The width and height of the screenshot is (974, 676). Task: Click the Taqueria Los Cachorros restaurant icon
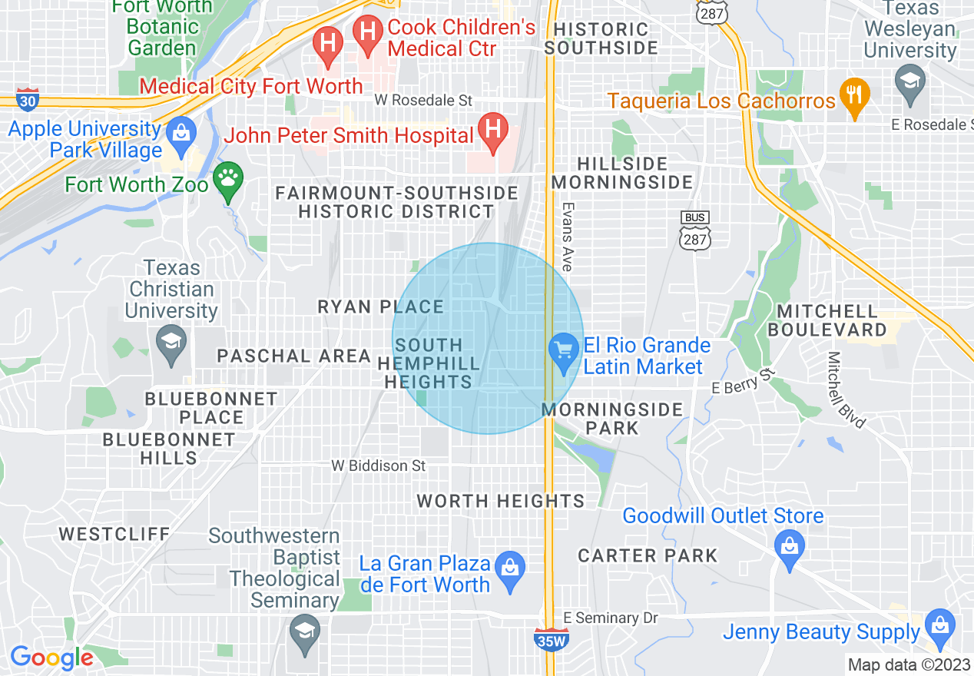tap(854, 96)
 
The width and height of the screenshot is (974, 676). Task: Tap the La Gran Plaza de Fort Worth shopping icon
tap(509, 570)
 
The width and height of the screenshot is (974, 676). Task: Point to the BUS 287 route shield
tap(694, 230)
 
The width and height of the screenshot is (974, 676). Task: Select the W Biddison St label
tap(379, 466)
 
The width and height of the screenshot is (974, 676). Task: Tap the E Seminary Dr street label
tap(611, 618)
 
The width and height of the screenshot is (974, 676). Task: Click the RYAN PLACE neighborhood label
tap(381, 307)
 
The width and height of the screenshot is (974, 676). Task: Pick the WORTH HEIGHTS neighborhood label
tap(500, 501)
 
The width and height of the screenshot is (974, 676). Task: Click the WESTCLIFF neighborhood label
tap(114, 533)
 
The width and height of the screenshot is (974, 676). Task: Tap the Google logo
tap(51, 658)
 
